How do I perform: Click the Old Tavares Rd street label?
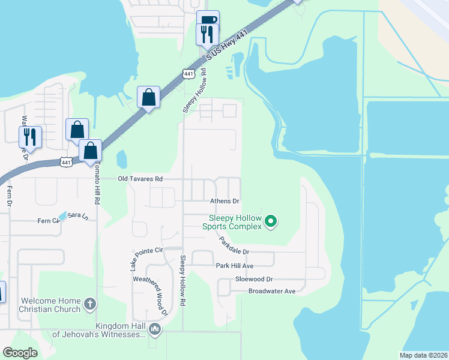(140, 179)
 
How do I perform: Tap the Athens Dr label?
(224, 201)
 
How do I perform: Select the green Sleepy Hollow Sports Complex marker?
(271, 222)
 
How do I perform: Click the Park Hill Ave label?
(235, 265)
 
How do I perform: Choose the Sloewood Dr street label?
(254, 279)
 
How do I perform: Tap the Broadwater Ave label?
(272, 291)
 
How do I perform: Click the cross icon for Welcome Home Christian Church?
(89, 304)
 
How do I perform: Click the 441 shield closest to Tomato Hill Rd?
(67, 162)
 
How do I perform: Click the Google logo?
(20, 353)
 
